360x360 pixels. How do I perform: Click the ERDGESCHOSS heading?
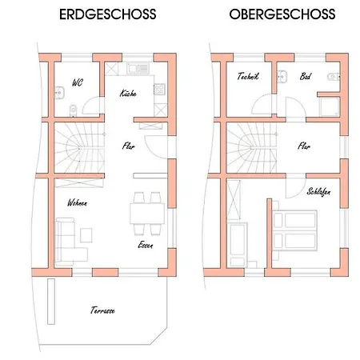[108, 14]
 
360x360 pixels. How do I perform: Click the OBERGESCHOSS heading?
[282, 14]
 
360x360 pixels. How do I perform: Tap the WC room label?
[78, 82]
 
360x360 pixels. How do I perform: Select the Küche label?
[128, 93]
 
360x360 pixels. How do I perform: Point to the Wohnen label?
[77, 202]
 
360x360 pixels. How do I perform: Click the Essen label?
[146, 245]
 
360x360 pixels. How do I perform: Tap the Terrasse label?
[102, 310]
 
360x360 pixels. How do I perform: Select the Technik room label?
[248, 76]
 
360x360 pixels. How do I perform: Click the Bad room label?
[305, 77]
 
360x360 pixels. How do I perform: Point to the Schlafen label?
[318, 192]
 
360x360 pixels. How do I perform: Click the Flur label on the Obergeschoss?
[304, 146]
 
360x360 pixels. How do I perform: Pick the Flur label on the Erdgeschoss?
[129, 146]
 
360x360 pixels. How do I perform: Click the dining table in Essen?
[147, 214]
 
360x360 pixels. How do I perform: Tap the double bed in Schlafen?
[294, 230]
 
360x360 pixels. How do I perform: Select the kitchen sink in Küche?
[138, 69]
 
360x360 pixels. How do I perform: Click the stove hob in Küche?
[159, 90]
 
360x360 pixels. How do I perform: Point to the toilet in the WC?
[73, 110]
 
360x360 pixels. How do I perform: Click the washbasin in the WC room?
[59, 93]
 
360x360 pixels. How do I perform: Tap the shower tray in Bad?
[330, 107]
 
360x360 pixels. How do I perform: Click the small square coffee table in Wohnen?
[86, 235]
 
